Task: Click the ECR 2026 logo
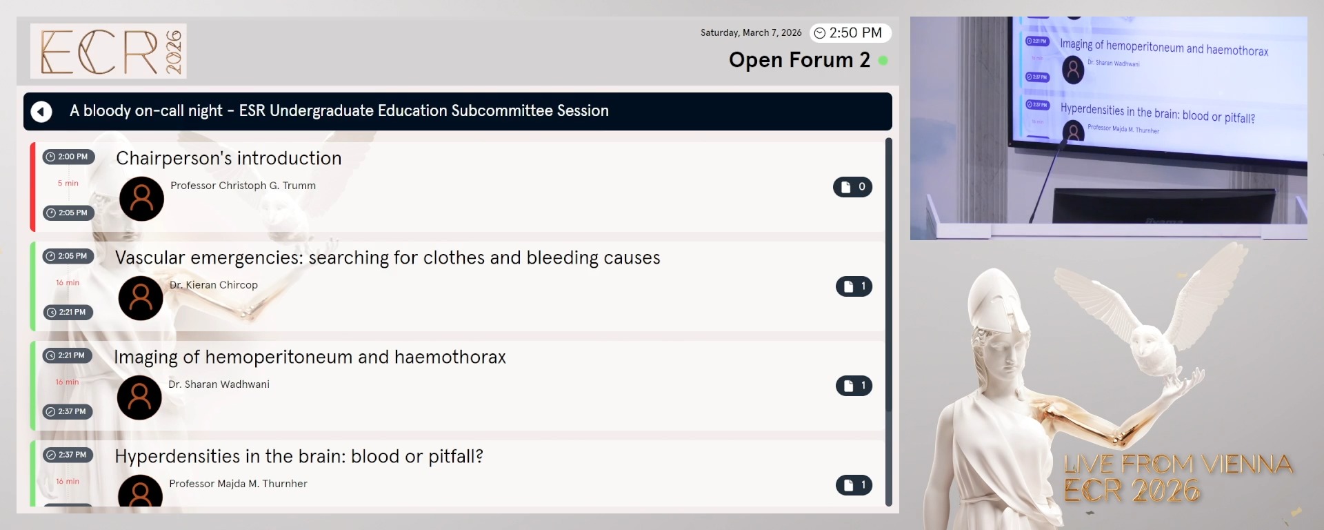tap(108, 51)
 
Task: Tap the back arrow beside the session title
tap(41, 111)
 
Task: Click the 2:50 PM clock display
tap(850, 33)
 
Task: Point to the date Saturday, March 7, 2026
tap(751, 33)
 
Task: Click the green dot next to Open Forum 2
tap(883, 61)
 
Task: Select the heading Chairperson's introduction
tap(228, 158)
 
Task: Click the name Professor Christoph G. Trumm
tap(243, 186)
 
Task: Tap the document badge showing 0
tap(852, 187)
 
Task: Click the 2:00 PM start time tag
tap(68, 157)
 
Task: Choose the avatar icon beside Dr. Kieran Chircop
tap(141, 298)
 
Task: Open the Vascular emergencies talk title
tap(387, 257)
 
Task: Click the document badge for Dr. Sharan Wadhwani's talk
tap(854, 386)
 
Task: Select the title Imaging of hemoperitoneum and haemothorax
tap(310, 357)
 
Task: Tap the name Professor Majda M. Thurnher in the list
tap(238, 484)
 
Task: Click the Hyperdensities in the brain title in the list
tap(299, 456)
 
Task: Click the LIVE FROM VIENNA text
tap(1177, 464)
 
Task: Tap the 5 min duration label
tap(68, 184)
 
